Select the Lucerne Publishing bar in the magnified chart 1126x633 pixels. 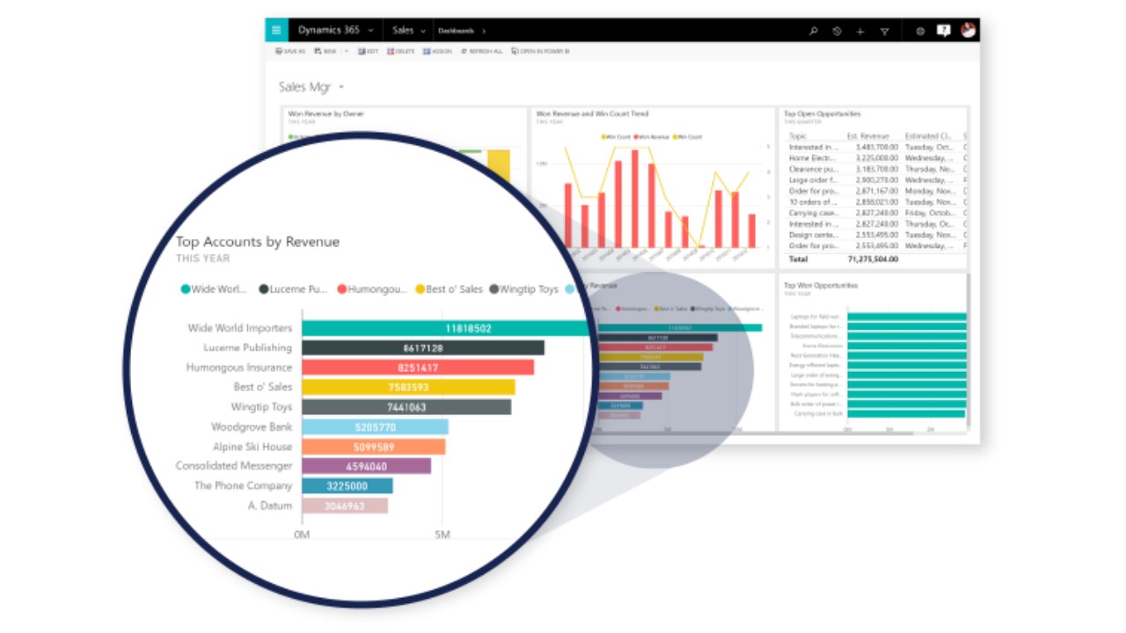pos(422,348)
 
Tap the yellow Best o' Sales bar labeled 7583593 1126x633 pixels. pos(408,387)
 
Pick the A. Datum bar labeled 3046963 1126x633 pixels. pos(344,506)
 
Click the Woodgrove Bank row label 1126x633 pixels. pos(252,427)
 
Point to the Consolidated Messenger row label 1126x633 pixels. pos(234,466)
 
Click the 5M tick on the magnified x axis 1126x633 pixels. pos(442,535)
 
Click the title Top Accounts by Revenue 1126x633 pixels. pos(257,242)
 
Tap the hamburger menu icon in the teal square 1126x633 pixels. pos(276,30)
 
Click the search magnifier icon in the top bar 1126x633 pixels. pos(813,31)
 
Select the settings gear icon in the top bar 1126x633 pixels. pos(920,31)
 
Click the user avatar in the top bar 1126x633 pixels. pos(968,30)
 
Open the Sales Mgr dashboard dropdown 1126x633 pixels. pos(341,87)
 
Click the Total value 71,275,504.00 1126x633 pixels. pos(872,260)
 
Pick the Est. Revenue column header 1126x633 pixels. pos(867,136)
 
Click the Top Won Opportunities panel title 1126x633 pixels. pos(820,286)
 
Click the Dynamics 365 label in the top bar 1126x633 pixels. pos(329,30)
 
